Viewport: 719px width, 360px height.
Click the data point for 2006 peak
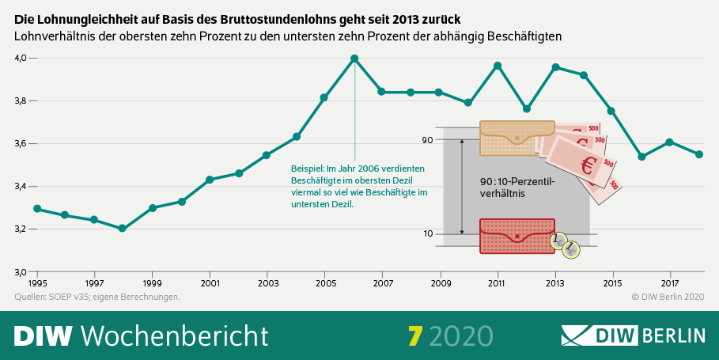click(354, 59)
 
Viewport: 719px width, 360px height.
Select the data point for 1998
click(122, 229)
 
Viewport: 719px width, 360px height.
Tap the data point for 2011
click(498, 66)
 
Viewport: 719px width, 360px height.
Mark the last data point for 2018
click(699, 154)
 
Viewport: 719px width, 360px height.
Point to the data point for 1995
click(37, 209)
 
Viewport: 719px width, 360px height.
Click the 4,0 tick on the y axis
click(21, 59)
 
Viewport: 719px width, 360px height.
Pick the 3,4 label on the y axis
click(21, 187)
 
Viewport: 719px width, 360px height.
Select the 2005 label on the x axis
click(325, 282)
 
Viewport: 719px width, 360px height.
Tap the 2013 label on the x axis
click(555, 282)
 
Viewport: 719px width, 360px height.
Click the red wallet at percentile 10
click(517, 236)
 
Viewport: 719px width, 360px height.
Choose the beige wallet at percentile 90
click(517, 138)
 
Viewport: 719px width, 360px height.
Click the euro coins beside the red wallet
click(566, 246)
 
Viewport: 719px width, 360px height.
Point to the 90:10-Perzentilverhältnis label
click(518, 187)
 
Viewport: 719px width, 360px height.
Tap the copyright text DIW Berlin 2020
click(668, 297)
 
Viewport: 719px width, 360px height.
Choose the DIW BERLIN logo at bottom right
click(633, 335)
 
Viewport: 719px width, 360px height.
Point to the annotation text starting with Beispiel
click(360, 186)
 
